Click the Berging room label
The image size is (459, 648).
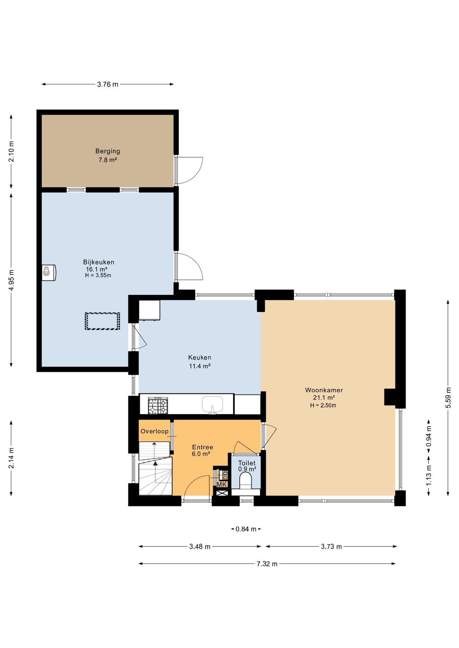point(107,151)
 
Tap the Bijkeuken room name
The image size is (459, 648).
point(99,262)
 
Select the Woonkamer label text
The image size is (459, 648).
point(324,390)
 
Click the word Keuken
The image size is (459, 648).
point(200,357)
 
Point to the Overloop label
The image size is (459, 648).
point(154,431)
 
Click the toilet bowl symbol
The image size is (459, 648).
point(245,480)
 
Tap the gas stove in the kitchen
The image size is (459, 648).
point(158,405)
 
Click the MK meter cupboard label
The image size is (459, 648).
point(222,485)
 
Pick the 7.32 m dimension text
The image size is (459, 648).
point(267,564)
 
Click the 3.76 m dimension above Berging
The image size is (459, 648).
point(108,84)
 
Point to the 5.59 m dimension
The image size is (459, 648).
point(448,397)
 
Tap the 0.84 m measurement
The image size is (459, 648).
point(246,529)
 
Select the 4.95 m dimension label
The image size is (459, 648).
point(11,280)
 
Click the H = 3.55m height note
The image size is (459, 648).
point(98,275)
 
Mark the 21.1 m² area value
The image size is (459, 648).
point(324,398)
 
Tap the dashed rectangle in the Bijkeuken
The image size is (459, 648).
point(102,321)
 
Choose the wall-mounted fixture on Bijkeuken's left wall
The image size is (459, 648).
point(49,272)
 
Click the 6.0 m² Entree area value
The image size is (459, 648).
point(201,454)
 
